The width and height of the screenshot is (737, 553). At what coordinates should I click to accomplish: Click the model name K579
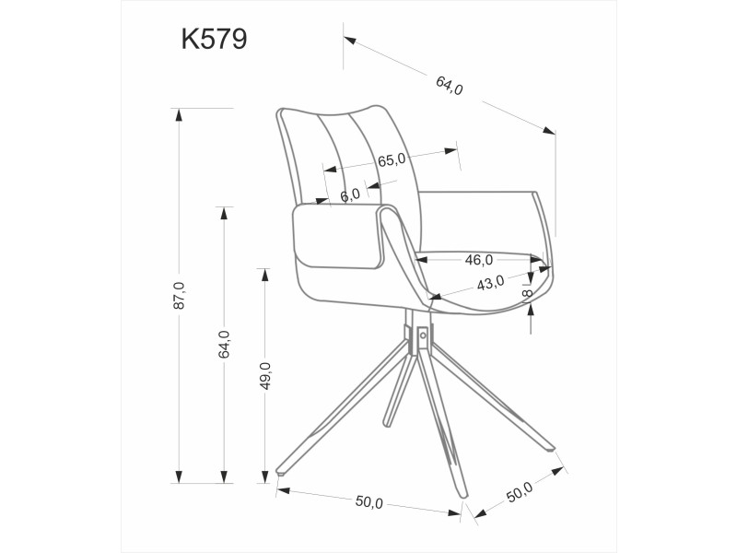[x=214, y=39]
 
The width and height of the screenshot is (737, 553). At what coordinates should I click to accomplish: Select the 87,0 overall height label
[x=180, y=295]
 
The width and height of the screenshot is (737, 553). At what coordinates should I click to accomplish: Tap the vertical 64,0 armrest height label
[x=224, y=344]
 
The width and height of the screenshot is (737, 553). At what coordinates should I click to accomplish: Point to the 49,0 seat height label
[x=265, y=376]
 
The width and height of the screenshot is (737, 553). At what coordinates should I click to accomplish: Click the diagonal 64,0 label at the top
[x=450, y=85]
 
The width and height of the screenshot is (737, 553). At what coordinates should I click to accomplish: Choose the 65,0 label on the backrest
[x=392, y=159]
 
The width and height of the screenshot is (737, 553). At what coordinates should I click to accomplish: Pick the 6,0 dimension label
[x=350, y=195]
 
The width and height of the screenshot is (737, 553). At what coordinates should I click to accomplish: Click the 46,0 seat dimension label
[x=478, y=260]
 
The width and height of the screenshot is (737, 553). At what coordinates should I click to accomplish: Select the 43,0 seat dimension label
[x=490, y=283]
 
